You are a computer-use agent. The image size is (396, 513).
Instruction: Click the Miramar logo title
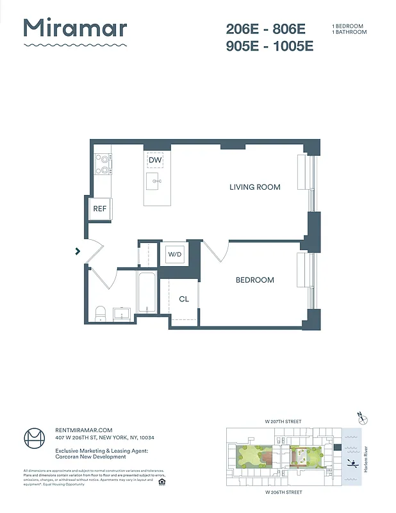[x=75, y=29]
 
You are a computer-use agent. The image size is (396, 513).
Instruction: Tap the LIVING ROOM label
[x=255, y=187]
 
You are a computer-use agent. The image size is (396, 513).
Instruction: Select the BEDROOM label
[x=254, y=280]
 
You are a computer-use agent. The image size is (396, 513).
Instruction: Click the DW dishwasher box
[x=154, y=160]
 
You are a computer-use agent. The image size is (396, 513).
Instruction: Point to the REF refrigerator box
[x=99, y=209]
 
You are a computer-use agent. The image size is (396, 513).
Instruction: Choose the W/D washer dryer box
[x=175, y=255]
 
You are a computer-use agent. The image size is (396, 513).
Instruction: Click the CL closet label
[x=184, y=299]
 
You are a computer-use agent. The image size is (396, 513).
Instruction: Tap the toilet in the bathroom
[x=100, y=312]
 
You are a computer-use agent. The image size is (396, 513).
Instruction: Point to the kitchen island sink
[x=154, y=181]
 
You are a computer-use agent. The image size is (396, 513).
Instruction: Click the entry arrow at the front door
[x=78, y=251]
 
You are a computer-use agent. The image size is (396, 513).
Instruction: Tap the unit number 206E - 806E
[x=266, y=29]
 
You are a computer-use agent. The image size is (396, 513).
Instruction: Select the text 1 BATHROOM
[x=349, y=32]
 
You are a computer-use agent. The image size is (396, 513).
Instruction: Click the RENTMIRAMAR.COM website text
[x=84, y=430]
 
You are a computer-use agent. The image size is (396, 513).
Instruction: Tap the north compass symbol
[x=363, y=419]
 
